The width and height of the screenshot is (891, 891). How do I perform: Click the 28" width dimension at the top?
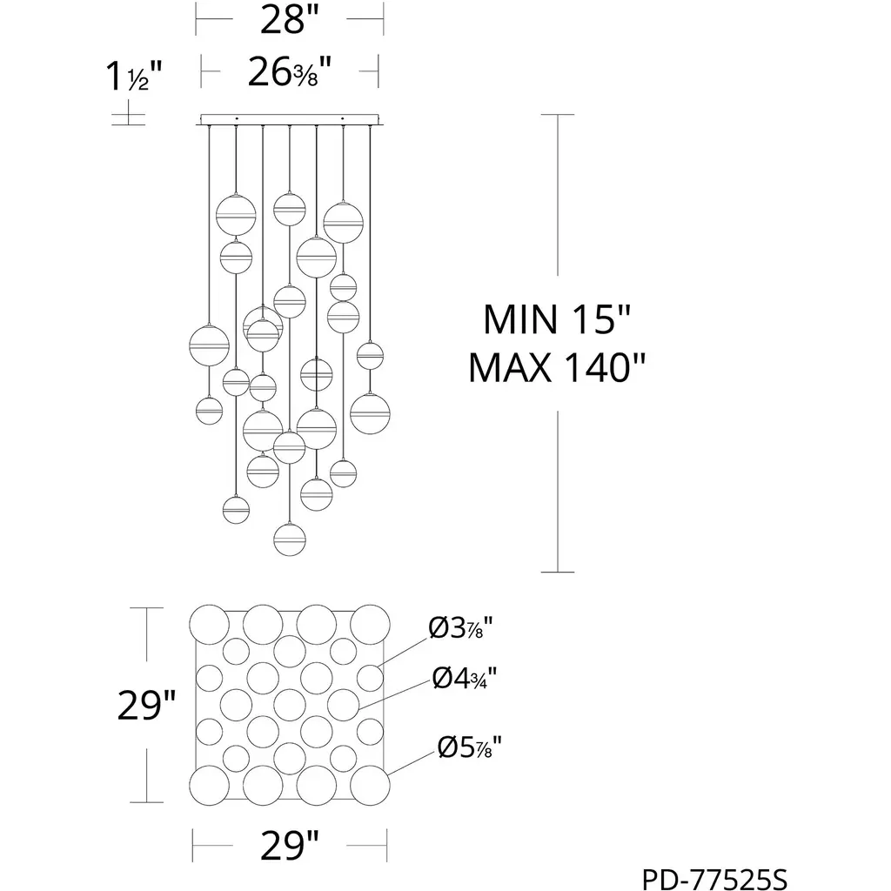coord(289,19)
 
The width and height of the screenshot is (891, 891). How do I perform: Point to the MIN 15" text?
coord(556,319)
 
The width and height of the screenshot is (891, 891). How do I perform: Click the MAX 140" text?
coord(556,368)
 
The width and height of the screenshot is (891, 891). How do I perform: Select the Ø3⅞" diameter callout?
coord(461,629)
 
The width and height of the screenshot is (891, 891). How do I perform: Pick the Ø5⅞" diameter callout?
coord(471,747)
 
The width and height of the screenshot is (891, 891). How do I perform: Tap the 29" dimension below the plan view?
coord(289,844)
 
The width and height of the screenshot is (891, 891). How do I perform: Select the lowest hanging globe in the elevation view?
coord(289,539)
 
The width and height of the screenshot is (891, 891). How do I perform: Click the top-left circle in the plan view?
coord(209,624)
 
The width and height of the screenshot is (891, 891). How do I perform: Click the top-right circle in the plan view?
coord(370,624)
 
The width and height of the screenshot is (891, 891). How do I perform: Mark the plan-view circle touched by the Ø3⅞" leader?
coord(370,677)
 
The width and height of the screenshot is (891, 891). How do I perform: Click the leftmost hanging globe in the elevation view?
coord(208,345)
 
